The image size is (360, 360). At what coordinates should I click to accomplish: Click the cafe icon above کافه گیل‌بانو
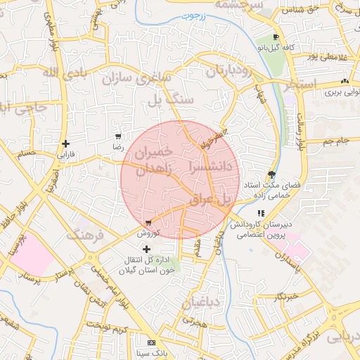[x=276, y=37]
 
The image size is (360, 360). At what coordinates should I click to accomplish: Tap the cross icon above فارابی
[x=65, y=143]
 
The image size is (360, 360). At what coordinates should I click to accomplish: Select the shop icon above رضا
[x=118, y=137]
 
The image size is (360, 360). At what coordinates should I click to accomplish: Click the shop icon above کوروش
[x=148, y=223]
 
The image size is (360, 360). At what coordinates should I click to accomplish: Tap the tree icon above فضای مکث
[x=272, y=174]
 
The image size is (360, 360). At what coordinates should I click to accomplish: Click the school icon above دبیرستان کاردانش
[x=261, y=213]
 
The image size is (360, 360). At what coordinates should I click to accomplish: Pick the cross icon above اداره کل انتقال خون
[x=146, y=249]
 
